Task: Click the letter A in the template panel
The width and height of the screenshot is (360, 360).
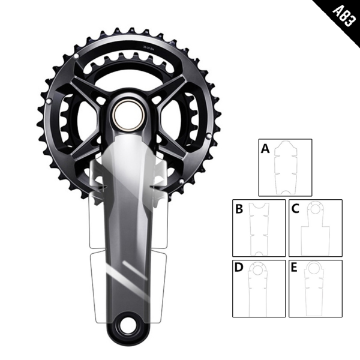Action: coord(265,149)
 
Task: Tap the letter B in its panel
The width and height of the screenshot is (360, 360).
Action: coord(239,209)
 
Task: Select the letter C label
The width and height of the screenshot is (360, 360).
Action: coord(295,209)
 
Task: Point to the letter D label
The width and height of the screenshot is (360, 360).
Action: coord(239,268)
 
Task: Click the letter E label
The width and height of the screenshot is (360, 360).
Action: coord(294,268)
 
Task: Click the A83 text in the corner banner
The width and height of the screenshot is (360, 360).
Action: coord(343,16)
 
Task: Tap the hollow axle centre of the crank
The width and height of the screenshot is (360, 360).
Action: coord(129,115)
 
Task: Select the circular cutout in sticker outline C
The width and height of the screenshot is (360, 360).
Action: coord(315,208)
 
